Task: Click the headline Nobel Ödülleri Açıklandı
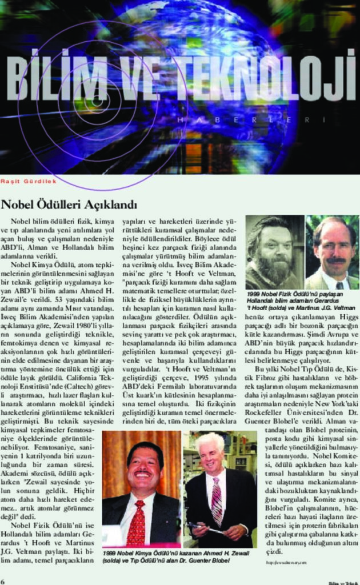[x=69, y=204]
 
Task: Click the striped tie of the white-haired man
[x=217, y=500]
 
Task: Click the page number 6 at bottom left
[x=3, y=580]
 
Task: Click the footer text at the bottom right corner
[x=342, y=582]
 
